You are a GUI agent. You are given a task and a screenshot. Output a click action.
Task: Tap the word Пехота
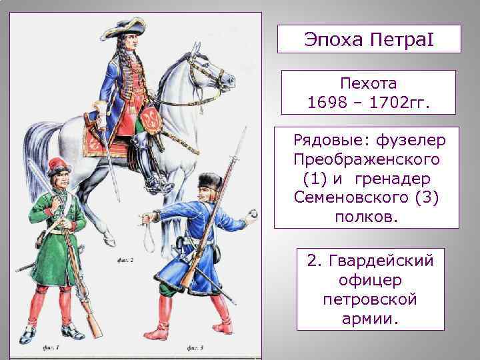pyautogui.click(x=369, y=84)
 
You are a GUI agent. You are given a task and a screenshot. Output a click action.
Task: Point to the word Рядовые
pyautogui.click(x=321, y=141)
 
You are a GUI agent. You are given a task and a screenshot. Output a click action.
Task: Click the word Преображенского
pyautogui.click(x=367, y=160)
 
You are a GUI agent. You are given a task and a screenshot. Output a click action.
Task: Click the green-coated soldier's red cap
pyautogui.click(x=59, y=165)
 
